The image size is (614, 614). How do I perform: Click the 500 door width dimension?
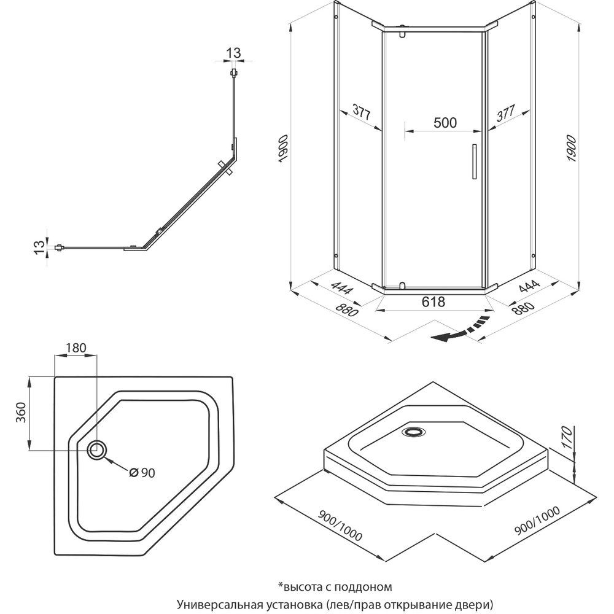445,122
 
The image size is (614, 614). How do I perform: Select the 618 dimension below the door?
433,301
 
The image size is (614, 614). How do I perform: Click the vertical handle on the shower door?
473,162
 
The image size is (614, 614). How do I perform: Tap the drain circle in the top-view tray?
97,450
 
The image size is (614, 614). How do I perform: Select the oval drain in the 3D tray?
413,431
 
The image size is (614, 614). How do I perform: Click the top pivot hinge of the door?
402,31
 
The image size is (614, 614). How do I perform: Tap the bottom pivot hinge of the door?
402,285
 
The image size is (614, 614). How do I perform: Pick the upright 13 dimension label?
233,53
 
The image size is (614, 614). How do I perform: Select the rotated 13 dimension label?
39,247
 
